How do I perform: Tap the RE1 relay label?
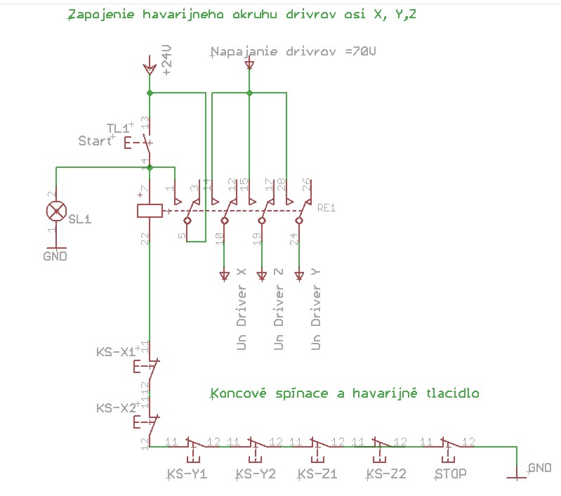point(327,208)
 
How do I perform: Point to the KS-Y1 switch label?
point(187,474)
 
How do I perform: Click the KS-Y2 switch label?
point(256,474)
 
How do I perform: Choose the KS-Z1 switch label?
point(317,474)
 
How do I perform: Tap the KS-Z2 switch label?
point(386,474)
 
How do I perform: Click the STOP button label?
point(450,474)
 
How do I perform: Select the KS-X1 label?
point(115,352)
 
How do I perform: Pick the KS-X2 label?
point(115,407)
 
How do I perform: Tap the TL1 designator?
point(118,128)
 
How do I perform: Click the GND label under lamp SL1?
point(55,256)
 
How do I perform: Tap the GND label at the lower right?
point(539,467)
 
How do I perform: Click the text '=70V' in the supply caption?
point(362,52)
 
